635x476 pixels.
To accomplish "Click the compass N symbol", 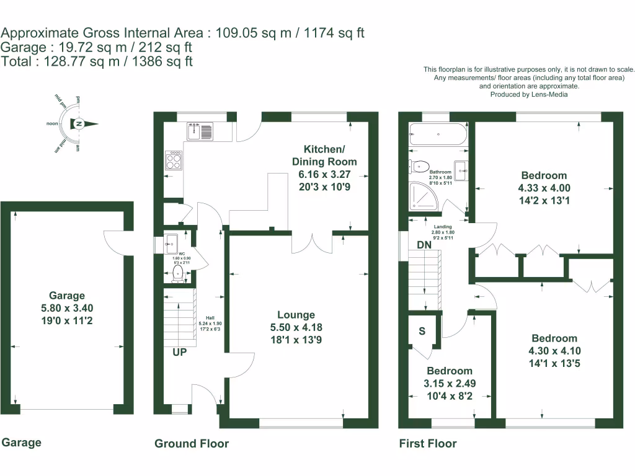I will coord(79,124).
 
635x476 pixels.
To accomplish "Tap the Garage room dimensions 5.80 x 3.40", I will coord(68,308).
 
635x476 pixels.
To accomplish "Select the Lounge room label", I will coord(296,315).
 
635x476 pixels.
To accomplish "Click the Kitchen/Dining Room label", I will coord(324,156).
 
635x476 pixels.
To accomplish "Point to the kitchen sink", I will coord(200,131).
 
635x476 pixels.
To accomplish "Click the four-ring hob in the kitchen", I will coord(174,161).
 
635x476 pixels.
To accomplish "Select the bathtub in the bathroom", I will coord(438,134).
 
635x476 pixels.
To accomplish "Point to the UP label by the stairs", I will coord(180,352).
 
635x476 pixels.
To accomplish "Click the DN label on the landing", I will coord(424,245).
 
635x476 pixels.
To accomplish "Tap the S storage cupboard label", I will coord(422,331).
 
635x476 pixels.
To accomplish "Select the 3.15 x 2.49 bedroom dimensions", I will coord(450,384).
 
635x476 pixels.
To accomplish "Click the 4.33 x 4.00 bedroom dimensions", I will coord(544,188).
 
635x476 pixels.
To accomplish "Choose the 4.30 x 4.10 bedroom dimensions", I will coord(554,351).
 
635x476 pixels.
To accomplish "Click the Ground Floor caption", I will coord(191,444).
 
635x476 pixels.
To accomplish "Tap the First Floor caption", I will coord(427,444).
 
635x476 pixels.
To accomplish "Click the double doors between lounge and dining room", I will coord(313,242).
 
